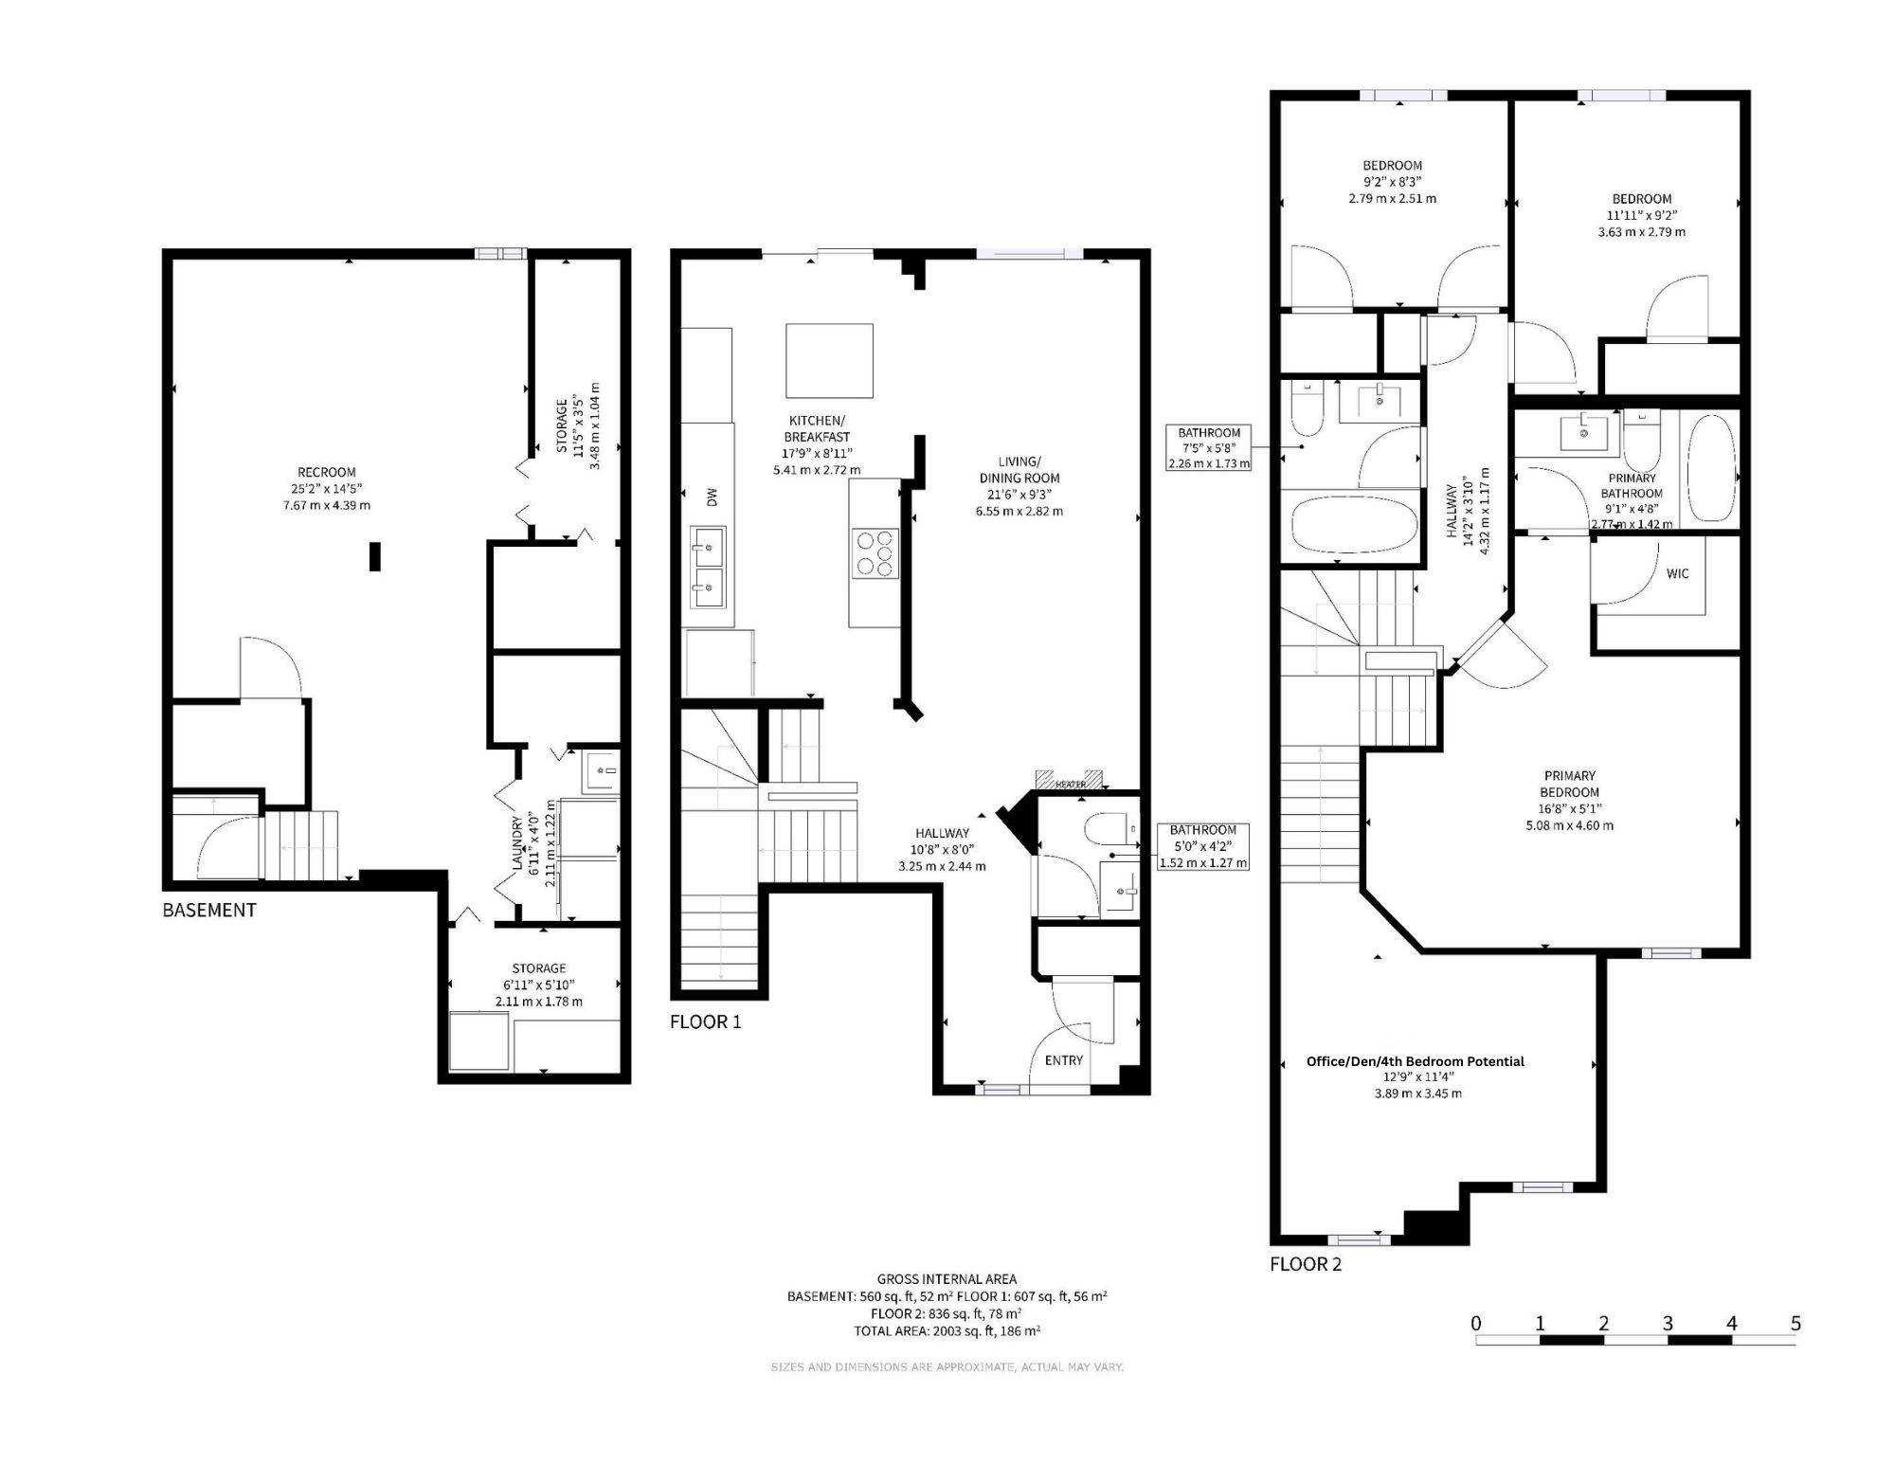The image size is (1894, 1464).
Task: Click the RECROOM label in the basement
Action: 327,472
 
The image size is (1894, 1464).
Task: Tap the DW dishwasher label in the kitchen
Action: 713,497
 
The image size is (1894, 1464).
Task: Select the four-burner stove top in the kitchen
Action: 875,553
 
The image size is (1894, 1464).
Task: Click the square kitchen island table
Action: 829,361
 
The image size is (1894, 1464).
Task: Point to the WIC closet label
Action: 1677,573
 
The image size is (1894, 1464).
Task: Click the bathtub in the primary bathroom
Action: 1711,467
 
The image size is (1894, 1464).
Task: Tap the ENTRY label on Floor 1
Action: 1063,1060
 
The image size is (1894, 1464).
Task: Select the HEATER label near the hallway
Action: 1071,785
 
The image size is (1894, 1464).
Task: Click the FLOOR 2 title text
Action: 1306,1264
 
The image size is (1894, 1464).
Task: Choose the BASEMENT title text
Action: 209,910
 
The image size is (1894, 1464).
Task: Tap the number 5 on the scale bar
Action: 1795,1323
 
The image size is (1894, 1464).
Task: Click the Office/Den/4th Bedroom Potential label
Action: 1416,1061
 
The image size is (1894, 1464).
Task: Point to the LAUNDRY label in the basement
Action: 517,844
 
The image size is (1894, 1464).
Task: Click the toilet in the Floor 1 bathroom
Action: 1108,829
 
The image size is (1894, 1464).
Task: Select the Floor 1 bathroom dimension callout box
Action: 1203,846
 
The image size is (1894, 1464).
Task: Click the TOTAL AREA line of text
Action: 947,1330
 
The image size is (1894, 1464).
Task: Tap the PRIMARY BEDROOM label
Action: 1569,784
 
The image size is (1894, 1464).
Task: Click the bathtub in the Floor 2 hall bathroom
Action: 1354,525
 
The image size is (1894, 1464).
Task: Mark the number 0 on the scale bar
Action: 1476,1323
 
